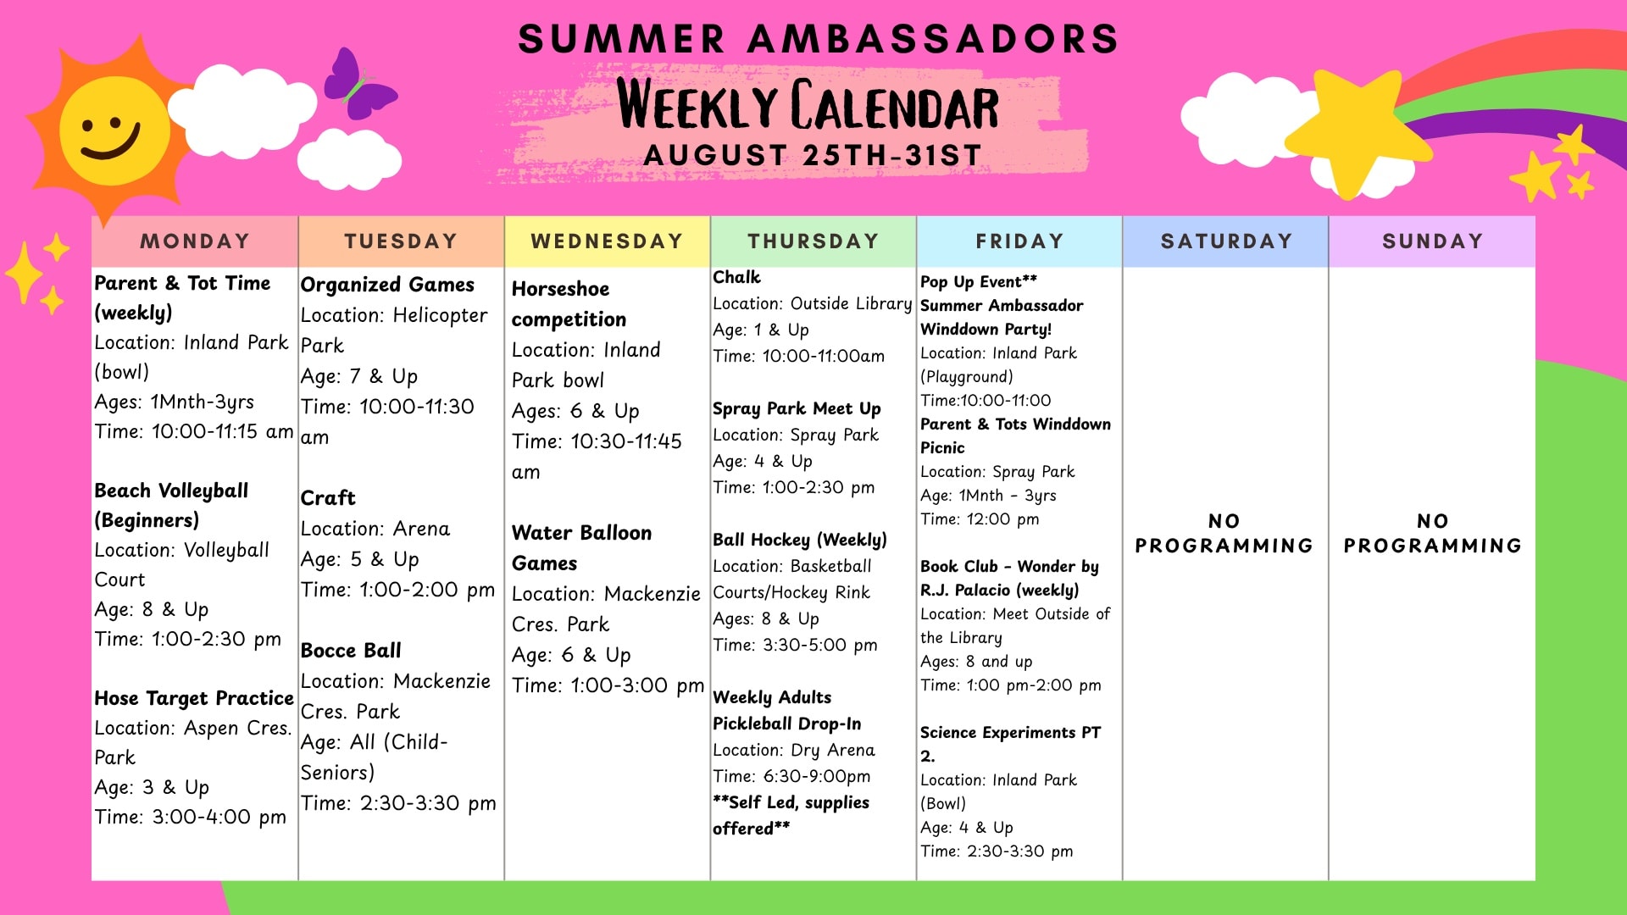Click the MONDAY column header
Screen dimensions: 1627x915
pos(195,241)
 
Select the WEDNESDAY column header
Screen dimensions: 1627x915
pos(607,241)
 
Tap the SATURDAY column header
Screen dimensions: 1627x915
pos(1225,241)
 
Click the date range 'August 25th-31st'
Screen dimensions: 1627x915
pos(813,156)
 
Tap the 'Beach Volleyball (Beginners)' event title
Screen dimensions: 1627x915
pos(171,505)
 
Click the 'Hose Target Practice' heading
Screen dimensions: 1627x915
pos(194,698)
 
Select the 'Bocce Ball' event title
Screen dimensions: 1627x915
pos(351,651)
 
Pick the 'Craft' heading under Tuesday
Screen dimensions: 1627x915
pos(328,498)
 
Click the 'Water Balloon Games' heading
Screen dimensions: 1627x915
pos(581,548)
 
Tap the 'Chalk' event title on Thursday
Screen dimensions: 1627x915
pos(736,277)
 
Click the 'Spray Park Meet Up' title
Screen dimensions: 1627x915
pos(797,408)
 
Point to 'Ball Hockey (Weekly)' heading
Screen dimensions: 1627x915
pos(800,540)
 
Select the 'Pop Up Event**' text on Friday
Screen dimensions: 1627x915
pos(979,281)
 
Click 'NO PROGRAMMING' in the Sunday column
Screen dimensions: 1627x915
pos(1432,533)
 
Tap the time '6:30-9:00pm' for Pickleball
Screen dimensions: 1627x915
pos(817,776)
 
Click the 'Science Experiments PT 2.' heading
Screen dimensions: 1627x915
pos(1010,744)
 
